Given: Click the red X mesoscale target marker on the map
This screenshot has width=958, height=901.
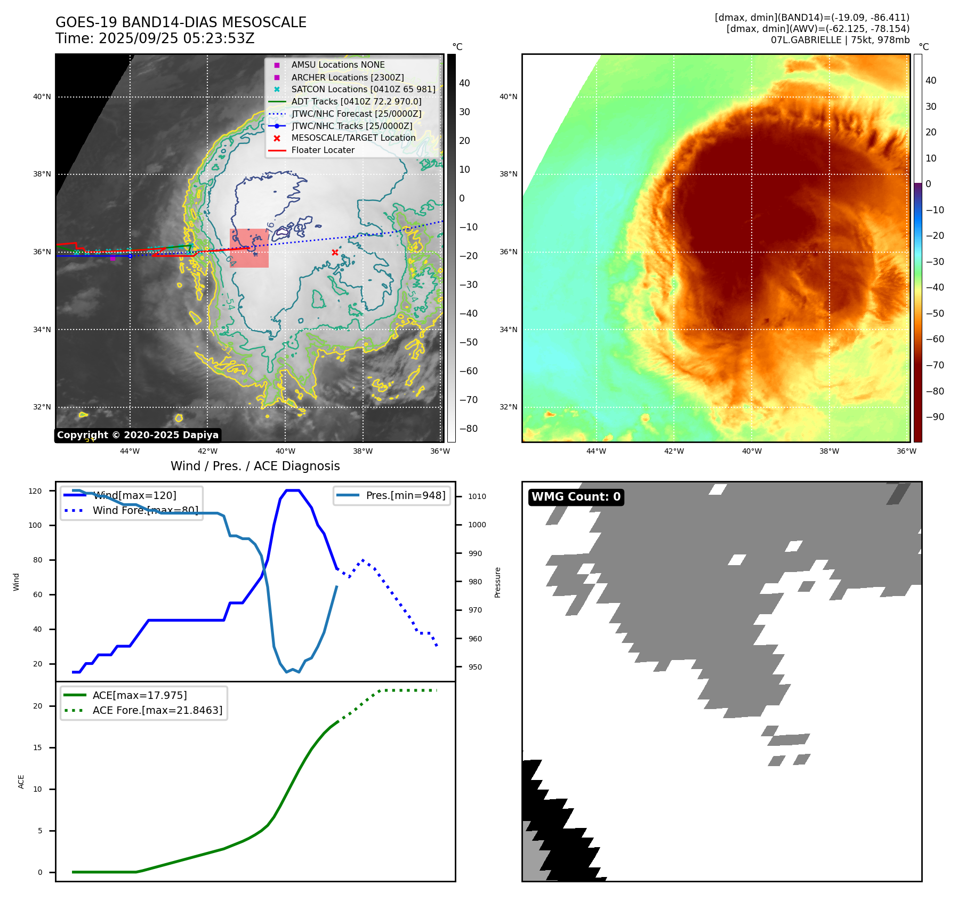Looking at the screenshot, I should [335, 252].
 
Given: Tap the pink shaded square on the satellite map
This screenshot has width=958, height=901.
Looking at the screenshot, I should [249, 248].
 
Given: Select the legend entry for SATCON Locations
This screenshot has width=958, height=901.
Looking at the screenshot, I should [363, 89].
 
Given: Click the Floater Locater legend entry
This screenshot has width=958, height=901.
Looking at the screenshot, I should [323, 150].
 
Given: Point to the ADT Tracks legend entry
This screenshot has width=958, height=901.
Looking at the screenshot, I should [356, 101].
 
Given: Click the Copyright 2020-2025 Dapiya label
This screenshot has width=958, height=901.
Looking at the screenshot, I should [138, 435].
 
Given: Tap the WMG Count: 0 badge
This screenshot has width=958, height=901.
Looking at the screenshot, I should [576, 497].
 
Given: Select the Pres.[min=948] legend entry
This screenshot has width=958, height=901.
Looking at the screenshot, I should [405, 495].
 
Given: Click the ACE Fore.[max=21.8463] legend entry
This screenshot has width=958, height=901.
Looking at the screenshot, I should [157, 710].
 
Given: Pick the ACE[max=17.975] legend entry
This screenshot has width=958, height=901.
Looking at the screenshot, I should [140, 695].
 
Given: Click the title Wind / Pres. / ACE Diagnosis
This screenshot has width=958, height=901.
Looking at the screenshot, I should [255, 466].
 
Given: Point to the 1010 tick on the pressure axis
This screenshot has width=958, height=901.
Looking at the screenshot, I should [477, 496].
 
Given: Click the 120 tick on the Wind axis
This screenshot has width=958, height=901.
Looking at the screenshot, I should [35, 491].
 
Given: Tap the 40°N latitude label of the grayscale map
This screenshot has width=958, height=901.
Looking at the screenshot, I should [42, 96].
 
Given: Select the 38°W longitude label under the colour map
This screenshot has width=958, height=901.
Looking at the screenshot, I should [829, 451].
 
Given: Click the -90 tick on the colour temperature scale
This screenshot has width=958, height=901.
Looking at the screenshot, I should [935, 417].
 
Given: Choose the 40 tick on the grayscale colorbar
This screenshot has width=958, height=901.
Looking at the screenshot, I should [464, 83].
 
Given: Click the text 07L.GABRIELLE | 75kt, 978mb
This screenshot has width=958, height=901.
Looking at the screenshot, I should [840, 40].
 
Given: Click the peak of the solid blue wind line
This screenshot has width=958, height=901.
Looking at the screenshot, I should [293, 490].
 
